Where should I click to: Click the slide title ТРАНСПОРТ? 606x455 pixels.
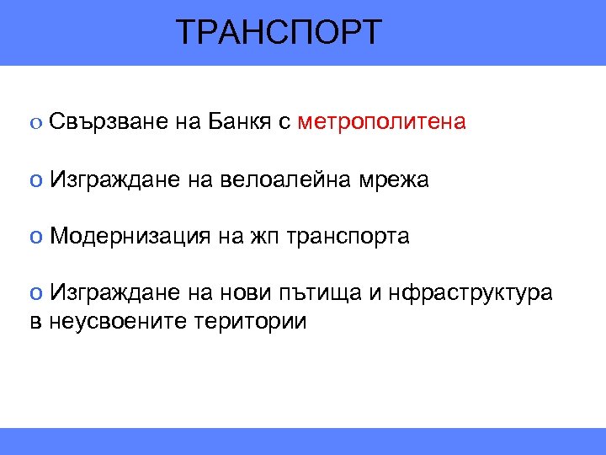tap(279, 33)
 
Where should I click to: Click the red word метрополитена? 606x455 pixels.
tap(381, 122)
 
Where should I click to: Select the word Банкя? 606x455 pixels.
tap(235, 122)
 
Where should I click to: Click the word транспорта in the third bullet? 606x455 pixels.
tap(348, 237)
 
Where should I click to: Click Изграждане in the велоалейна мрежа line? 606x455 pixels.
tap(112, 179)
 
